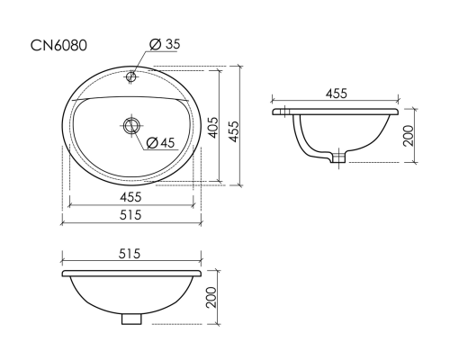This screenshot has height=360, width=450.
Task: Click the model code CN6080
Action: [58, 46]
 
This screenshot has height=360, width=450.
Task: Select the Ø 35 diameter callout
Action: [165, 44]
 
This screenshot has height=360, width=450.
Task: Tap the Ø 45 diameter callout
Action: [160, 142]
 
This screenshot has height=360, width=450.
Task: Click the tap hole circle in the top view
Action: [131, 76]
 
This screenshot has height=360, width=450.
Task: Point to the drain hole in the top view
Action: [131, 126]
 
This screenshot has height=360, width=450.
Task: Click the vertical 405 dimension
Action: [213, 128]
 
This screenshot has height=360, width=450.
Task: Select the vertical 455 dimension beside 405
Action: [234, 131]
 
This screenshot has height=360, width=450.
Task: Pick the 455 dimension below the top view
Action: [130, 197]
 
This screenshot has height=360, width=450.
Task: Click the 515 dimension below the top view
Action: [130, 215]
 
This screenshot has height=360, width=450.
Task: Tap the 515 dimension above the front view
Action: [130, 254]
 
